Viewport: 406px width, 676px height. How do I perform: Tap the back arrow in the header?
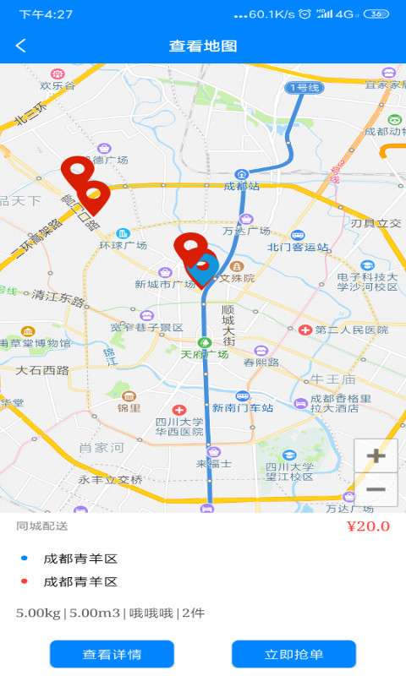pos(21,46)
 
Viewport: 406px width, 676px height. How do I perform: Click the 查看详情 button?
pos(112,654)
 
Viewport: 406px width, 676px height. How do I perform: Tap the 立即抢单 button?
pos(294,654)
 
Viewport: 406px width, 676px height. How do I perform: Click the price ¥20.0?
pos(368,526)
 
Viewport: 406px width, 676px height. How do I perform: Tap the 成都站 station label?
pos(242,185)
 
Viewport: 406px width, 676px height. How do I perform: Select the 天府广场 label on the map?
pos(205,353)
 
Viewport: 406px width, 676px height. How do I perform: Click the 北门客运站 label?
pos(298,247)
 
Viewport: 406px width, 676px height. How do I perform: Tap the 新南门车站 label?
pos(243,407)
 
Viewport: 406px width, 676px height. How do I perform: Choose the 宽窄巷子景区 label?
pos(146,327)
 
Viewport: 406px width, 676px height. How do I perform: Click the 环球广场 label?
pos(123,245)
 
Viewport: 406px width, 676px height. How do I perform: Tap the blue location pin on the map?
pos(203,269)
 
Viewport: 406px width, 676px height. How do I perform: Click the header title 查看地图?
pos(203,46)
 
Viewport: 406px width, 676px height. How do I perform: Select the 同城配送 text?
pos(42,526)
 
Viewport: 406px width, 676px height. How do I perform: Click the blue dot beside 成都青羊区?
pos(24,559)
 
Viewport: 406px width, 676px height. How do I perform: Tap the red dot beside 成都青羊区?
pos(24,581)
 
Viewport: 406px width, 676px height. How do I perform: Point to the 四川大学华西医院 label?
pos(179,426)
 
